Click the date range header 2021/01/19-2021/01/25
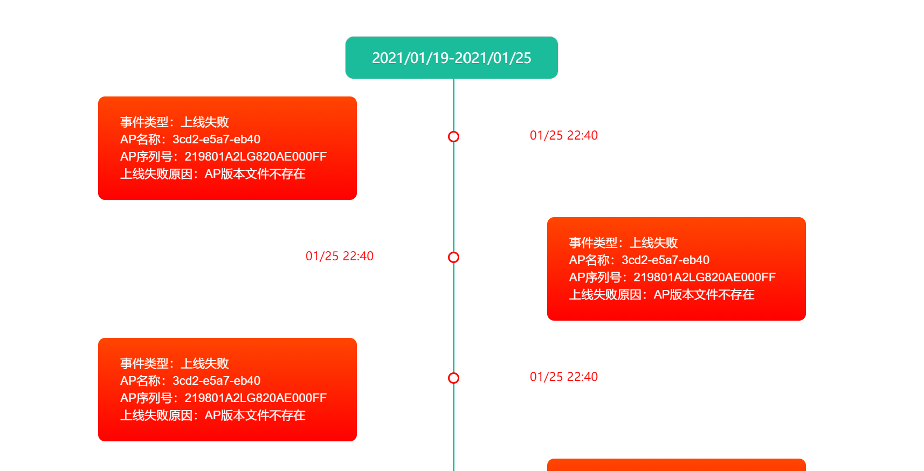point(451,58)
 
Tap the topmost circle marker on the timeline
point(453,137)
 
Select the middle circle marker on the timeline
point(453,258)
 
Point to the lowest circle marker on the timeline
point(453,378)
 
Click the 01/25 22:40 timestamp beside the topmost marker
point(563,135)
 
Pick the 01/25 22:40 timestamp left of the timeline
point(339,256)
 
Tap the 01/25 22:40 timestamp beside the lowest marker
point(563,377)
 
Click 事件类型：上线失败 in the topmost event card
point(174,122)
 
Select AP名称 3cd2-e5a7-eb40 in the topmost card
point(190,140)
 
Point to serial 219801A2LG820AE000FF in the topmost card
point(223,157)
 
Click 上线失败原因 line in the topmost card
point(212,174)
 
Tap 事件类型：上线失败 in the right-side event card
point(623,243)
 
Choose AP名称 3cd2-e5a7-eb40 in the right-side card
point(639,260)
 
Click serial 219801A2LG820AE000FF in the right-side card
point(672,278)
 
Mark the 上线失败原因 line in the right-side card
point(661,295)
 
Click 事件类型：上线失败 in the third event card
point(174,364)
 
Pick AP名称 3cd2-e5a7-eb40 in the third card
point(190,381)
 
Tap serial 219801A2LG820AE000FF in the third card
point(223,398)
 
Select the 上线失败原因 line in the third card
point(212,415)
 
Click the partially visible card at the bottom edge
point(676,465)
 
